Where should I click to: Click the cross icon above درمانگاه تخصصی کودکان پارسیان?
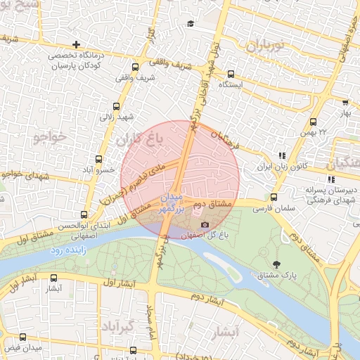[x=76, y=44]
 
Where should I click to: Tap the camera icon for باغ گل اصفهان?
[x=205, y=224]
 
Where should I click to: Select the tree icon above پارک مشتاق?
[x=276, y=264]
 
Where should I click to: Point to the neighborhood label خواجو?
[x=51, y=137]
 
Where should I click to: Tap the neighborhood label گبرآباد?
[x=116, y=328]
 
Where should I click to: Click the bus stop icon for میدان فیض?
[x=22, y=337]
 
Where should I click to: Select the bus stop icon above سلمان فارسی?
[x=274, y=198]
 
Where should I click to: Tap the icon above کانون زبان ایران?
[x=281, y=156]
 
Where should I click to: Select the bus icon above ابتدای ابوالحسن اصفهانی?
[x=84, y=214]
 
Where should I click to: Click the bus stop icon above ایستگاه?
[x=231, y=73]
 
